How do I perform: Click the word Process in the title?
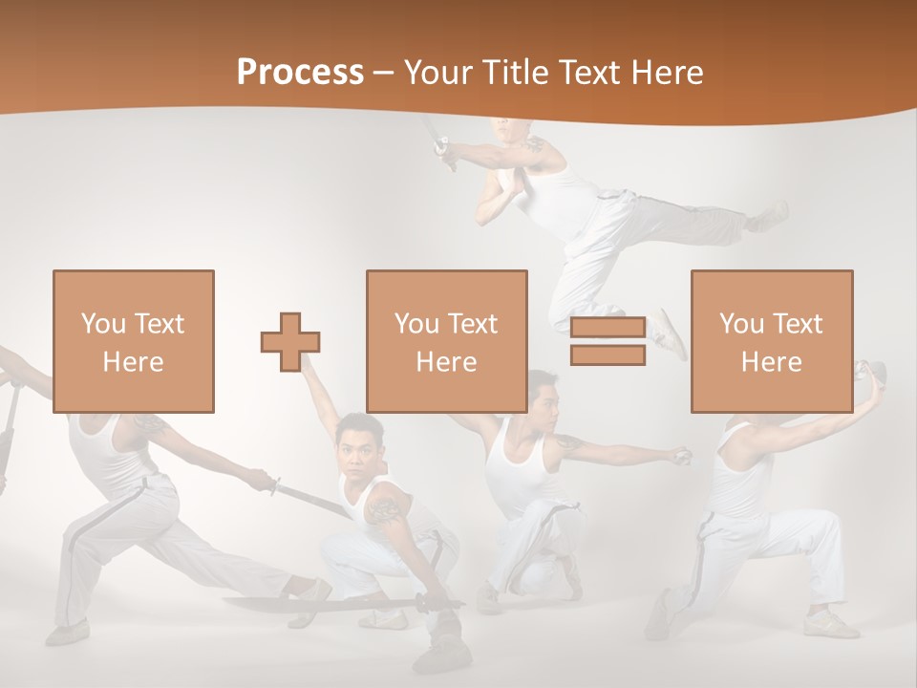pyautogui.click(x=300, y=72)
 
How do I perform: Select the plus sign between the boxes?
pyautogui.click(x=290, y=342)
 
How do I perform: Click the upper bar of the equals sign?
pyautogui.click(x=608, y=329)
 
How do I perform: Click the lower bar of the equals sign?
pyautogui.click(x=608, y=355)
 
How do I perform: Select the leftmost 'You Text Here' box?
pyautogui.click(x=134, y=341)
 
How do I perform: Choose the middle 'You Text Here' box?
pyautogui.click(x=447, y=341)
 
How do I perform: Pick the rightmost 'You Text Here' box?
pyautogui.click(x=772, y=341)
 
